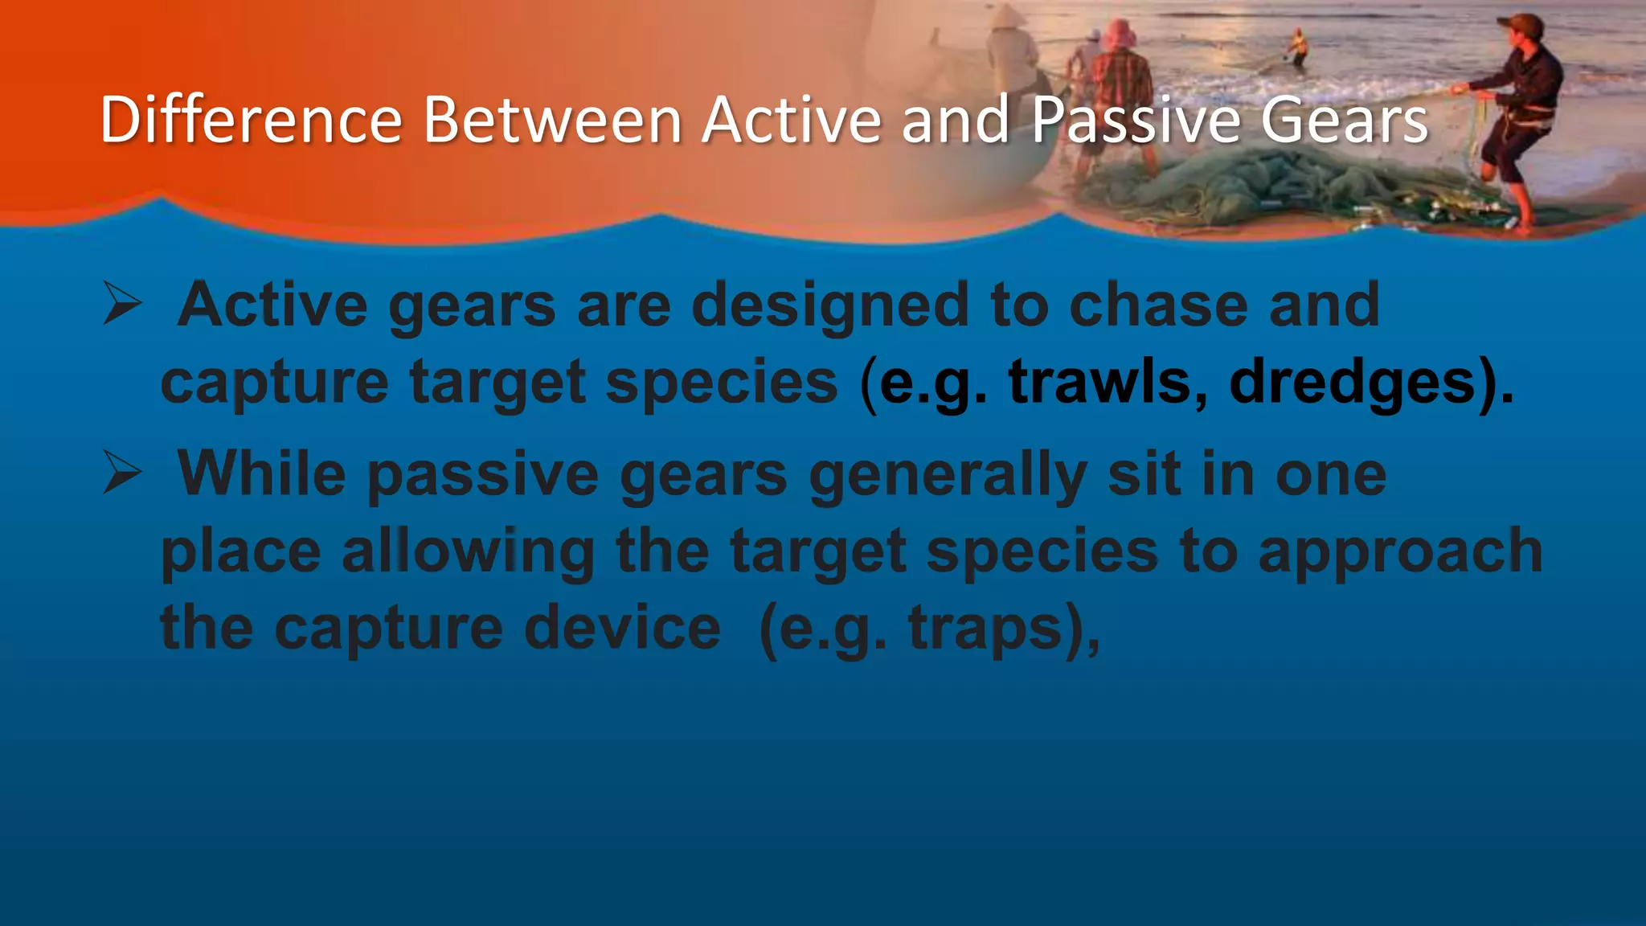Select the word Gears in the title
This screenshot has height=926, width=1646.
(x=1344, y=121)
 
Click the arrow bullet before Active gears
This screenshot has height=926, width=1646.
(x=122, y=305)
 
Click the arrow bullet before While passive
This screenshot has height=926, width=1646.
(x=122, y=474)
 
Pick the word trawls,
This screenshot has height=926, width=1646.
(x=1108, y=382)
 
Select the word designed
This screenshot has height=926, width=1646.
(x=829, y=305)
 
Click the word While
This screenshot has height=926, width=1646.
(x=262, y=474)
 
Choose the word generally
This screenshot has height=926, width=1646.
(x=948, y=474)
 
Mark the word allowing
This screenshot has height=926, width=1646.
(x=468, y=551)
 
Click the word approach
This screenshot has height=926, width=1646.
(x=1400, y=551)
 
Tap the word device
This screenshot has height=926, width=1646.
(x=622, y=628)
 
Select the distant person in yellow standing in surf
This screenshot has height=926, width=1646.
(x=1297, y=47)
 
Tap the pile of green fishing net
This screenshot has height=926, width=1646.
(x=1286, y=185)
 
